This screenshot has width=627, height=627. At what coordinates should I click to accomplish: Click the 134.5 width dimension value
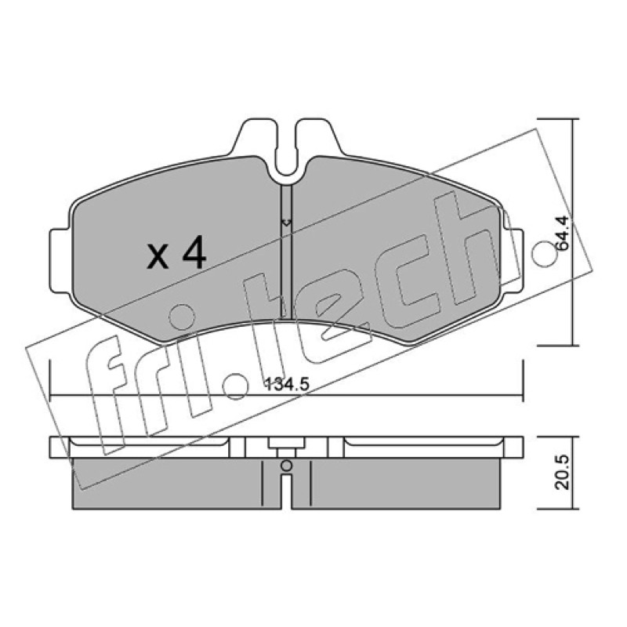(x=287, y=385)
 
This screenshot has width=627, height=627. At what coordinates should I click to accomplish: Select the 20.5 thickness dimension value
(x=562, y=472)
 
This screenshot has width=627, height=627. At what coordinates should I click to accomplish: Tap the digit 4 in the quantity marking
(x=194, y=252)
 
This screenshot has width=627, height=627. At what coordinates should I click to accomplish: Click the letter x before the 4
(x=158, y=257)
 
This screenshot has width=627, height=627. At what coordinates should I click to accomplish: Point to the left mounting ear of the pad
(x=60, y=261)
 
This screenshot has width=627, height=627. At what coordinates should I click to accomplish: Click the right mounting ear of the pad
(x=512, y=261)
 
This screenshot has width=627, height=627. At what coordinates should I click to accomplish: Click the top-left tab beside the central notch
(x=254, y=136)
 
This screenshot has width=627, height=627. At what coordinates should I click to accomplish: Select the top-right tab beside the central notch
(x=318, y=136)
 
